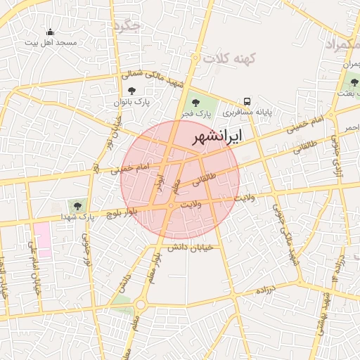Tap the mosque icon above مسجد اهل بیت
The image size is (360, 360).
coord(50,32)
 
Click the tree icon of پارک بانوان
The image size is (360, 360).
coord(131,91)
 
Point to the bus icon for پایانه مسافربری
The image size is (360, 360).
coord(247,101)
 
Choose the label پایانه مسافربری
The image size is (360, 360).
coord(248,112)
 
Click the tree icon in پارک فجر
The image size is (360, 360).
coord(198,102)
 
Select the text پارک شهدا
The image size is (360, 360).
coord(77,217)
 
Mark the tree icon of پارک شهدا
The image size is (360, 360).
coord(77,206)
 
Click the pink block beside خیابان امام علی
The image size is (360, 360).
coord(43,235)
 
